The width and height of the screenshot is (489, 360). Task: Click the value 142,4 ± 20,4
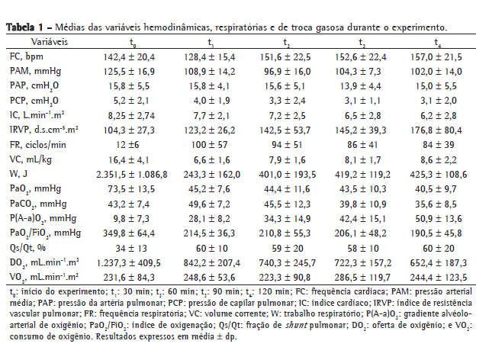click(x=134, y=57)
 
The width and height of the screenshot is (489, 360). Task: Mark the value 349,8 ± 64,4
click(x=134, y=233)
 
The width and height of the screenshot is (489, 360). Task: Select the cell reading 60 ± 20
click(x=437, y=247)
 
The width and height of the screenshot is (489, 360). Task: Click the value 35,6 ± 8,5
click(x=437, y=204)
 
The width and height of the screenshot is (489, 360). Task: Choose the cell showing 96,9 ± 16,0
click(x=286, y=72)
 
